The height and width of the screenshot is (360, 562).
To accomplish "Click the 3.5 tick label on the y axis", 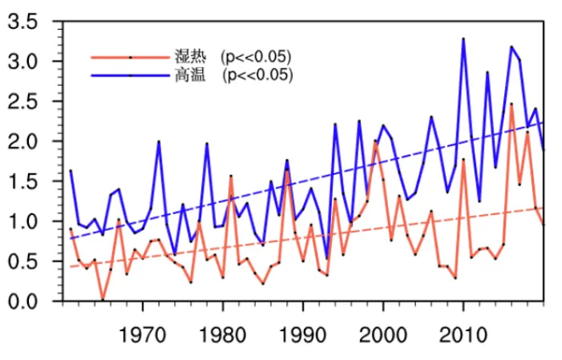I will click(x=23, y=22).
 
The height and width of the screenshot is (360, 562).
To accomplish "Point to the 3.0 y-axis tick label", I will click(x=23, y=62).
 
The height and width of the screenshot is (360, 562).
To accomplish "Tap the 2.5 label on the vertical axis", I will click(x=23, y=102).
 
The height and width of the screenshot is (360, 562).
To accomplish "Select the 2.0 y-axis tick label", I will click(x=23, y=142).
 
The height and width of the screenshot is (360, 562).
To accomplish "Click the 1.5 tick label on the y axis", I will click(x=23, y=182).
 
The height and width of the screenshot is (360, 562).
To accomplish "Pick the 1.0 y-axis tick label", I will click(x=23, y=222).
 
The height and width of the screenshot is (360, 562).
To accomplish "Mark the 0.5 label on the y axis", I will click(x=23, y=262).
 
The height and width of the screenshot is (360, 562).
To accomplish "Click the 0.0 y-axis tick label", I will click(x=23, y=301).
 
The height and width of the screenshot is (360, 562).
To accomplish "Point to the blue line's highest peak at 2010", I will click(x=463, y=38).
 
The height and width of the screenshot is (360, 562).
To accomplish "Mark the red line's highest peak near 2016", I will click(x=511, y=104).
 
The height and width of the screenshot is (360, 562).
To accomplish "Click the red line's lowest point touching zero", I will click(x=103, y=300).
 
